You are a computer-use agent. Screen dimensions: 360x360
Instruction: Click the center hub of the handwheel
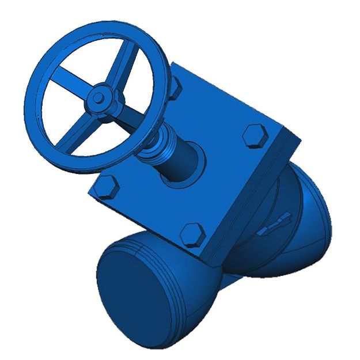click(99, 95)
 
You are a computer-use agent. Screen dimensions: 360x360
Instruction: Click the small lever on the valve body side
click(275, 225)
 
